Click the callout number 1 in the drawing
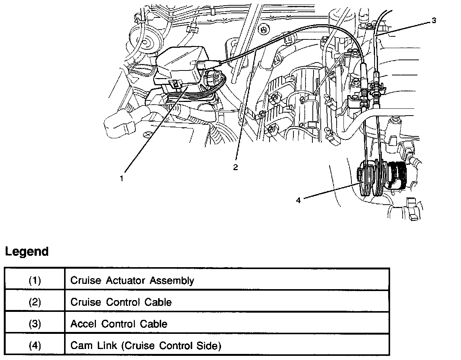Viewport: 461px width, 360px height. tap(122, 178)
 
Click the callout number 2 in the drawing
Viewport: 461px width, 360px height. tap(235, 167)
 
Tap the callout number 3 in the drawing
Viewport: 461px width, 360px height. tap(434, 20)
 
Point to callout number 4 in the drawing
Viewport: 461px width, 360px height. tap(298, 200)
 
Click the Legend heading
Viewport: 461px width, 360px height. tap(27, 252)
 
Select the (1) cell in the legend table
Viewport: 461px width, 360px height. tap(35, 280)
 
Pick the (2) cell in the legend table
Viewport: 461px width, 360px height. tap(35, 302)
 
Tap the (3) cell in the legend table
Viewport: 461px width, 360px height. tap(35, 324)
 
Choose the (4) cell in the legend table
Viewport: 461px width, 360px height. tap(35, 346)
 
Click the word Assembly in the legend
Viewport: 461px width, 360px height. tap(172, 281)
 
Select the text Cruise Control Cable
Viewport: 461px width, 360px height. tap(121, 302)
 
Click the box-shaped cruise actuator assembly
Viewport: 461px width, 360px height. tap(178, 68)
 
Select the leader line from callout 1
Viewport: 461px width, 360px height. tap(152, 133)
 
